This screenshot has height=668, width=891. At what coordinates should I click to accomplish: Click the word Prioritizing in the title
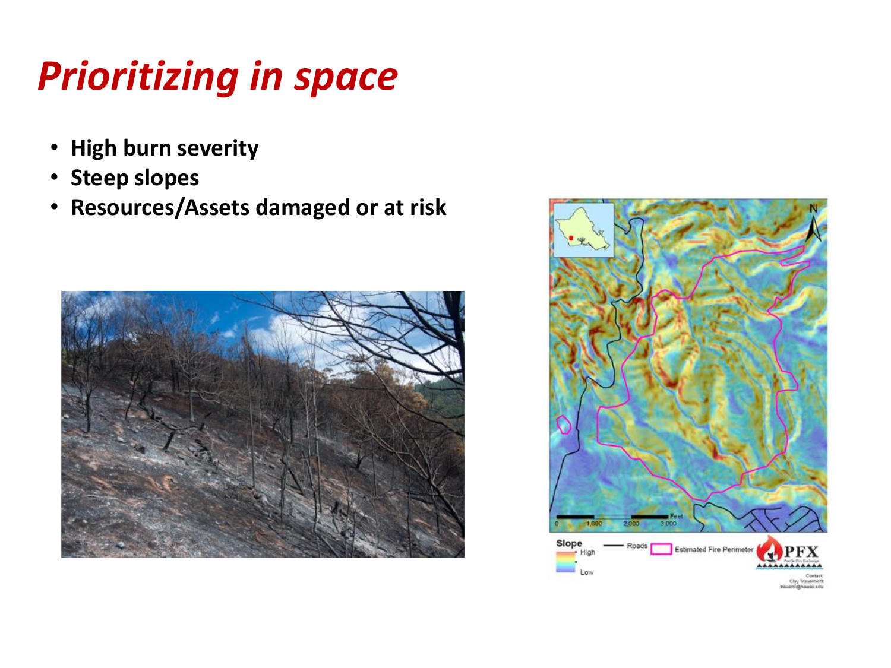pyautogui.click(x=138, y=77)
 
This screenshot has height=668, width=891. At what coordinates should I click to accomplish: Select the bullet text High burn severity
pyautogui.click(x=165, y=148)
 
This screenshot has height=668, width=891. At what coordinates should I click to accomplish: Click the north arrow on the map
pyautogui.click(x=814, y=224)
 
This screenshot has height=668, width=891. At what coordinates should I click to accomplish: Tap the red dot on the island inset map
pyautogui.click(x=571, y=238)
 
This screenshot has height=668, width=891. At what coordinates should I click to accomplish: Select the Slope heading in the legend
pyautogui.click(x=568, y=543)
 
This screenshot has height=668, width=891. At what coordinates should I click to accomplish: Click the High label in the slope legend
pyautogui.click(x=587, y=552)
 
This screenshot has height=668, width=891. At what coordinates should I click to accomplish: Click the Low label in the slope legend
pyautogui.click(x=586, y=572)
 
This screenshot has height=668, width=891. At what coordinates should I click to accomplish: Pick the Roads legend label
pyautogui.click(x=637, y=546)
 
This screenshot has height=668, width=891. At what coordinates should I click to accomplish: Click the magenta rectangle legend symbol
pyautogui.click(x=661, y=549)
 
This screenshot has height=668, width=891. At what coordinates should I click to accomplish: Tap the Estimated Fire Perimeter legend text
pyautogui.click(x=713, y=550)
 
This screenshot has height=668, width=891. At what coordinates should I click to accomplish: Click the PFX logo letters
pyautogui.click(x=801, y=552)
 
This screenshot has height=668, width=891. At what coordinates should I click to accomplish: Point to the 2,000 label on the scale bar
pyautogui.click(x=631, y=524)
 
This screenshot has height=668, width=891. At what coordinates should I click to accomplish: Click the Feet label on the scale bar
pyautogui.click(x=676, y=517)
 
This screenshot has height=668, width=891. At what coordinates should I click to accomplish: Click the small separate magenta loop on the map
pyautogui.click(x=563, y=425)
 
